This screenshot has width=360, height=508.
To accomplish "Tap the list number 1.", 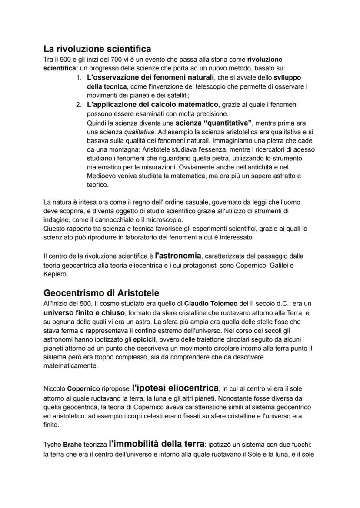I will pos(79,78).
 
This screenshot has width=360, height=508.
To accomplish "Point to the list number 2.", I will pos(79,105).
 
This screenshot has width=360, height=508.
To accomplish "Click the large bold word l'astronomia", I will pos(178,255).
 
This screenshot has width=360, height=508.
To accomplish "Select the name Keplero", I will pos(54,274).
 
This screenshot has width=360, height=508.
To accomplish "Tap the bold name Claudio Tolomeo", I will pos(211,303).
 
